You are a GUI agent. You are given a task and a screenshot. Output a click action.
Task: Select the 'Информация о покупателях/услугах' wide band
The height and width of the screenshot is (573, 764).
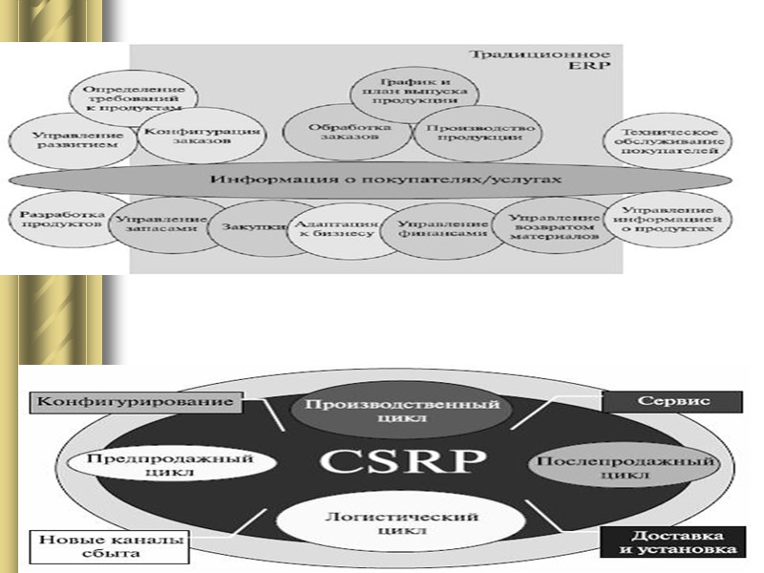[382, 180]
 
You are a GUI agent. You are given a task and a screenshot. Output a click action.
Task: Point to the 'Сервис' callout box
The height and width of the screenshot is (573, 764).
[673, 402]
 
